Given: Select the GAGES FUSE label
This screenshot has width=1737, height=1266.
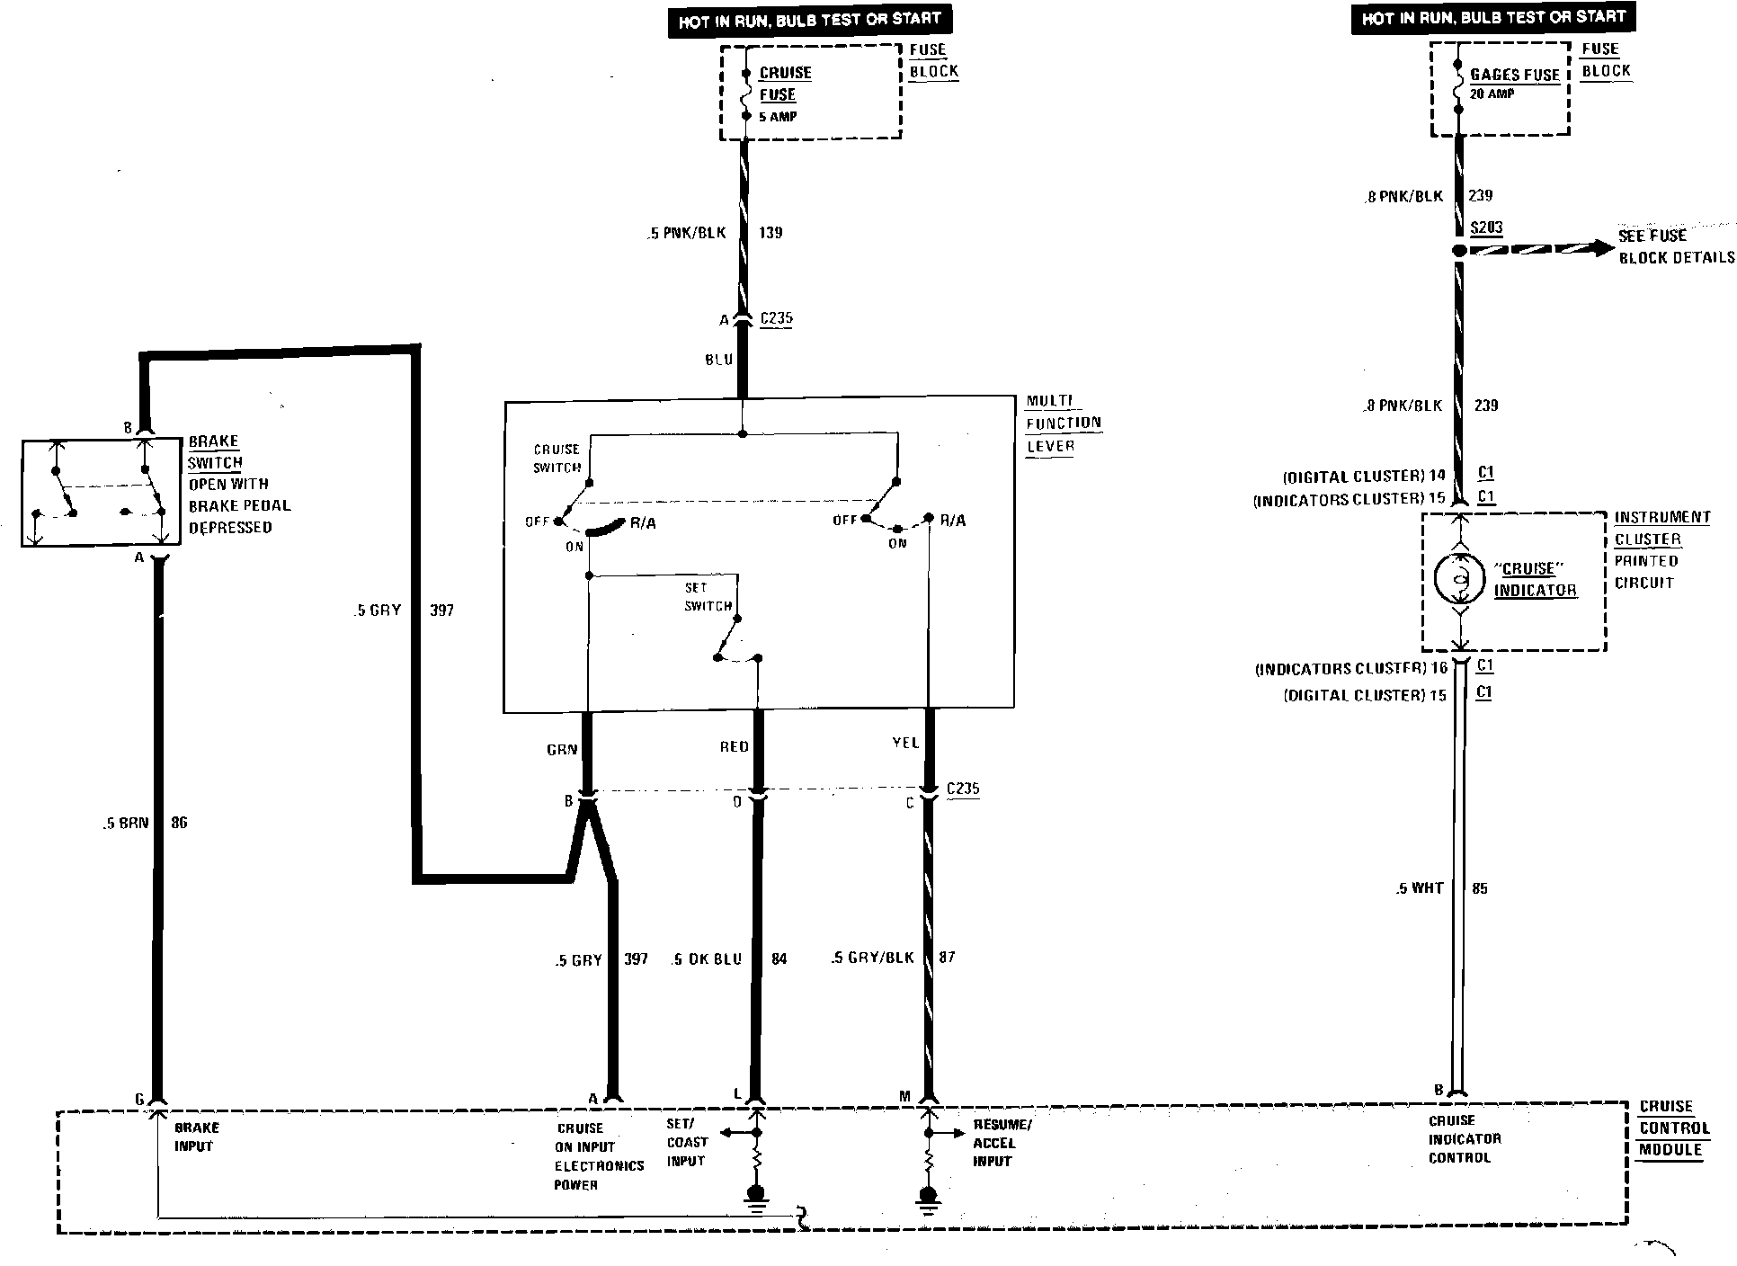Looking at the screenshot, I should point(1515,76).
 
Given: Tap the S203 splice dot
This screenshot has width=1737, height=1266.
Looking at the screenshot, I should point(1459,251).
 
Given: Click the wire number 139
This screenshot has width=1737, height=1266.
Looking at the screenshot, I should point(771,233).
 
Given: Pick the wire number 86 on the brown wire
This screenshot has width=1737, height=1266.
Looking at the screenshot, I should point(179,823).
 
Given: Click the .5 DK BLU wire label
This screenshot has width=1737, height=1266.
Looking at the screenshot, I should point(707,959).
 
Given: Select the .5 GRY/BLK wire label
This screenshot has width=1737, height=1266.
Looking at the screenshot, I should point(872,958).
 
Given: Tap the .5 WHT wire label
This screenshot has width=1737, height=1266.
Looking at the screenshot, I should point(1420,888).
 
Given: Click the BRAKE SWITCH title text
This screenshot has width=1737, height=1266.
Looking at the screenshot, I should point(214,452).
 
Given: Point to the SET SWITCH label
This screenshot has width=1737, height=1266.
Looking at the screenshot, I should point(708,597).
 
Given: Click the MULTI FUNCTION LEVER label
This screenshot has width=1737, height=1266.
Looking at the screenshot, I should point(1063,423).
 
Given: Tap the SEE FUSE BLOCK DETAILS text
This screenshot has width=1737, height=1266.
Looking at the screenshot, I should point(1675,247).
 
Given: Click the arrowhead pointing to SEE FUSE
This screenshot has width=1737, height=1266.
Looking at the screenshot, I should point(1604,248).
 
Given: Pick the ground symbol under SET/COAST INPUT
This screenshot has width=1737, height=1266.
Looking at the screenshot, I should point(756,1196).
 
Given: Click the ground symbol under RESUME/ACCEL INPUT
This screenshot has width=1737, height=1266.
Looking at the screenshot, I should point(929,1197).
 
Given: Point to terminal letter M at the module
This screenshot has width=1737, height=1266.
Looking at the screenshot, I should point(904,1096).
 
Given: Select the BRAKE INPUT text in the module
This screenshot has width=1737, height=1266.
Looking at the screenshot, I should point(196,1137).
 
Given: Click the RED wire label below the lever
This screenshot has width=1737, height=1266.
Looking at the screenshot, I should point(734,746).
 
